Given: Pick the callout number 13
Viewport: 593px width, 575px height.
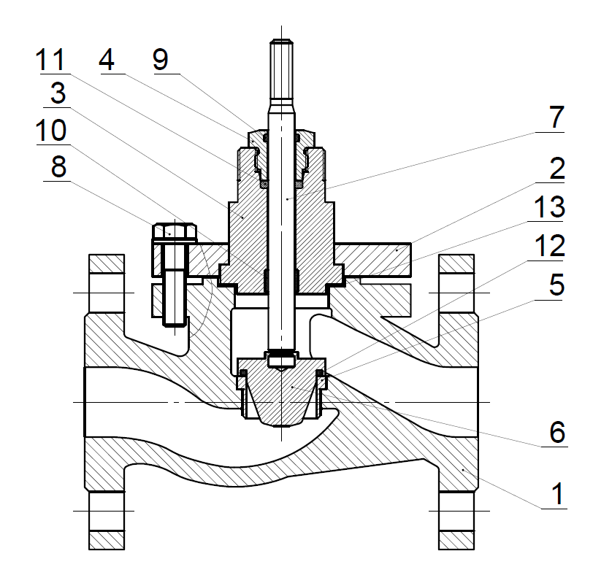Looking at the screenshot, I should coord(549,207).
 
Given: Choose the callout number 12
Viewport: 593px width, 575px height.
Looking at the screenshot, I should coord(549,245).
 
